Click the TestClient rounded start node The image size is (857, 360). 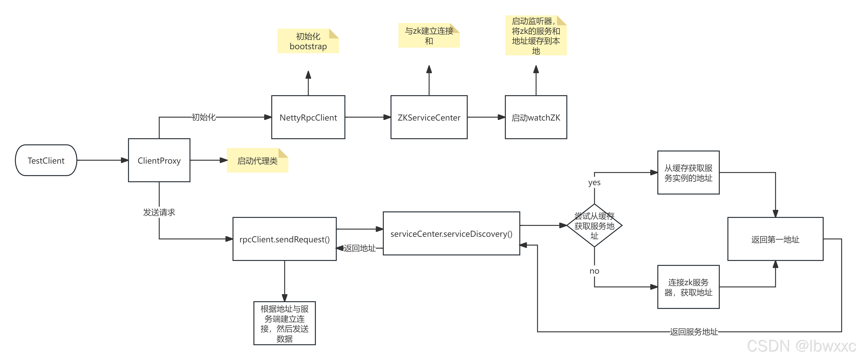pyautogui.click(x=46, y=160)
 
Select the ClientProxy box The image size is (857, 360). pyautogui.click(x=159, y=160)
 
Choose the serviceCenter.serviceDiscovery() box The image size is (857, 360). pyautogui.click(x=451, y=234)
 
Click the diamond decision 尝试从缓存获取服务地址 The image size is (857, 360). pyautogui.click(x=594, y=226)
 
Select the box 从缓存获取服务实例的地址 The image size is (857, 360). pyautogui.click(x=688, y=173)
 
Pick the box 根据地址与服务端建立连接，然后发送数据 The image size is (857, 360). pyautogui.click(x=284, y=323)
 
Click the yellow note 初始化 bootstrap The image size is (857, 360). pyautogui.click(x=308, y=41)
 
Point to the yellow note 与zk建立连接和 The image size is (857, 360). pyautogui.click(x=429, y=36)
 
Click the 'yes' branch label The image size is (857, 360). pyautogui.click(x=594, y=182)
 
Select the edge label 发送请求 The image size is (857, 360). pyautogui.click(x=159, y=212)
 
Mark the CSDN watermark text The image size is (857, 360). pyautogui.click(x=801, y=346)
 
